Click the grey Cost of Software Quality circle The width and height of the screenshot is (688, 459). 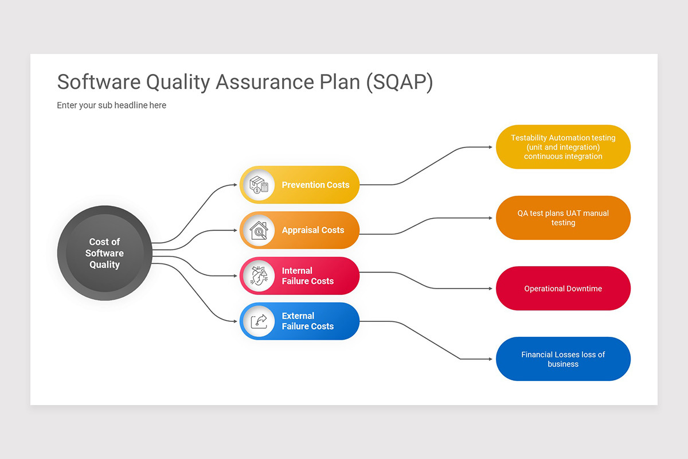(104, 253)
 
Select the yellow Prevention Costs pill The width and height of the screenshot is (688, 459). (315, 185)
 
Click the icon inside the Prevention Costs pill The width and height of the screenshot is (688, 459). (259, 185)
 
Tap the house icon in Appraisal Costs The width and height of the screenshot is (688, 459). (259, 231)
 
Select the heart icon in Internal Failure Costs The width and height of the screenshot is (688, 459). (259, 276)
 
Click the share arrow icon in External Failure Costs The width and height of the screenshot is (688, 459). (259, 321)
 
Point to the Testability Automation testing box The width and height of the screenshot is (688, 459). (563, 147)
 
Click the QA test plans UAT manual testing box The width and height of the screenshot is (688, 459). (563, 217)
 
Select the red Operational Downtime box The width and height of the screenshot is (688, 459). (563, 289)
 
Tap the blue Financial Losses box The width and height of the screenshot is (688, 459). (563, 359)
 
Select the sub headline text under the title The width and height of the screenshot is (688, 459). (111, 105)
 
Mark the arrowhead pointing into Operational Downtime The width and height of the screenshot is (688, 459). (490, 289)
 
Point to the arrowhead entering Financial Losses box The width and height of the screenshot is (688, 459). (490, 359)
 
